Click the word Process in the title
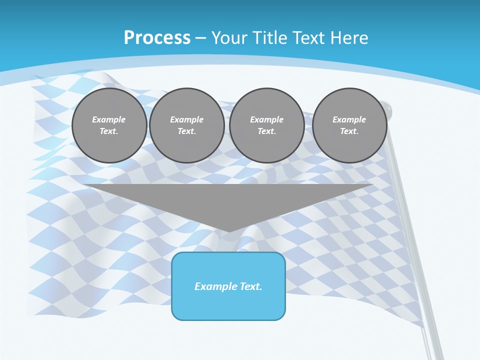(x=157, y=38)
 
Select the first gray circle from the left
(x=109, y=125)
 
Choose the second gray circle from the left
(x=186, y=125)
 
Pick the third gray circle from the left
(x=266, y=125)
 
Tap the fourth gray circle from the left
(x=349, y=125)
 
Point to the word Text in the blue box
(x=250, y=286)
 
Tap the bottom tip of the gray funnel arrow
(x=228, y=231)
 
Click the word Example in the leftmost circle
(x=109, y=119)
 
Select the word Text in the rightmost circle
(x=349, y=131)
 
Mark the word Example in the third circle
(x=266, y=119)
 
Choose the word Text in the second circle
(x=186, y=131)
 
